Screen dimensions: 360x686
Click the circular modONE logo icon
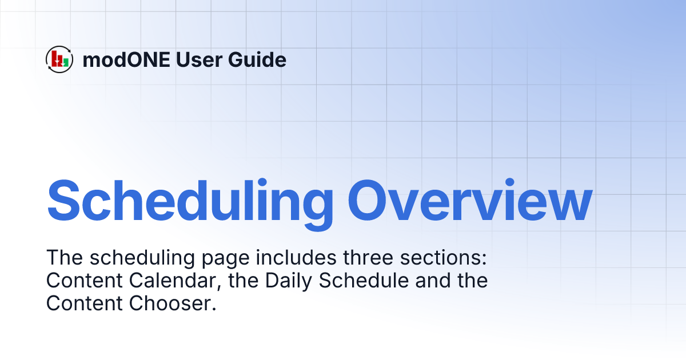tap(59, 59)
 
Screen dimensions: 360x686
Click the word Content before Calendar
tap(80, 281)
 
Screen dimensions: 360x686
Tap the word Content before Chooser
tap(80, 303)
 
